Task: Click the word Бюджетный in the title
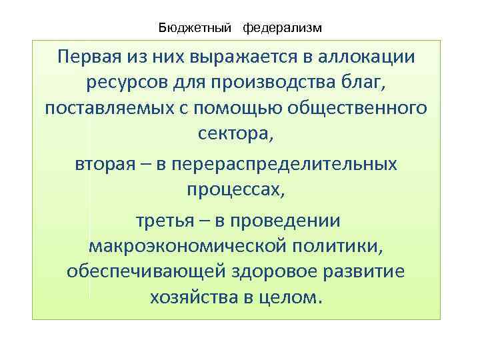coord(195,28)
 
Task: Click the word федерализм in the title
coord(282,28)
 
